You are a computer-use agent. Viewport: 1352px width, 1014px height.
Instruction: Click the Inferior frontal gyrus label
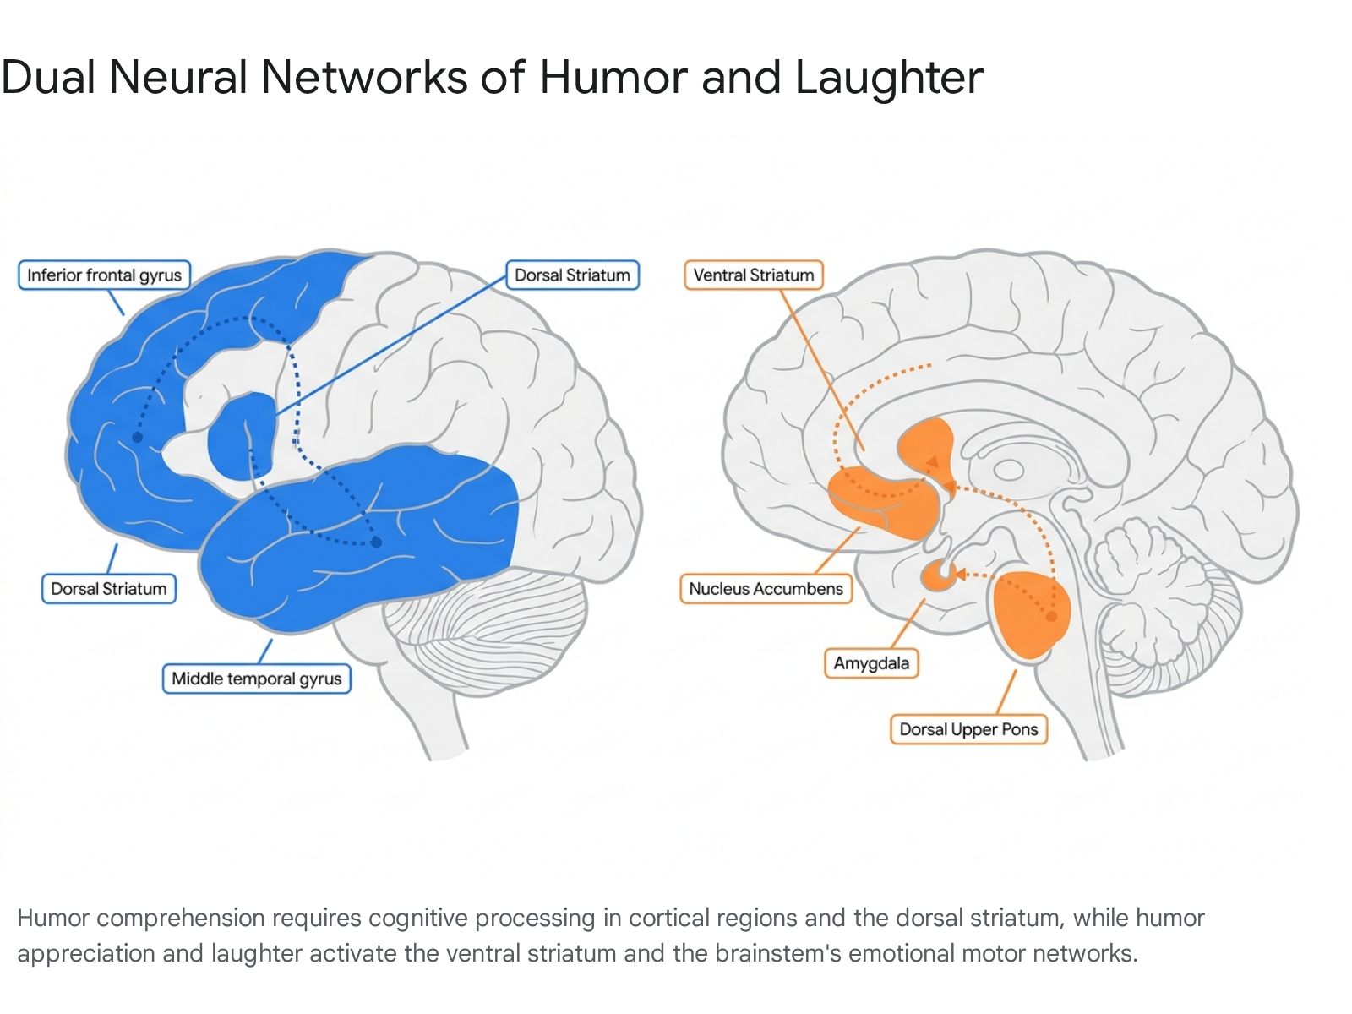click(104, 275)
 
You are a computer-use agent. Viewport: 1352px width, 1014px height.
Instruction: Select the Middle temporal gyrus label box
click(256, 679)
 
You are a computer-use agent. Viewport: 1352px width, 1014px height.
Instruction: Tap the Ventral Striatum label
click(753, 275)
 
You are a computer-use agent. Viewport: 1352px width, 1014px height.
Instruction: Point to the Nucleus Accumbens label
click(766, 589)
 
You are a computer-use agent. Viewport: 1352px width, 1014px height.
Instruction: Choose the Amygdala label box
click(871, 663)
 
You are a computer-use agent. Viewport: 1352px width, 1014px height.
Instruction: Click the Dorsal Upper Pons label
click(968, 729)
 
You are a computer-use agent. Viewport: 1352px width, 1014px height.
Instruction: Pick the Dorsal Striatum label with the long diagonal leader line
click(572, 275)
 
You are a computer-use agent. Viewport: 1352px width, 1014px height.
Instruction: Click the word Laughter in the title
click(889, 79)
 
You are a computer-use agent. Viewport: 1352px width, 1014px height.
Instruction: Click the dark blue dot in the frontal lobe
click(138, 437)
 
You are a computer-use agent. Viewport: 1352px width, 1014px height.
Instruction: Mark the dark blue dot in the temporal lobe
click(376, 542)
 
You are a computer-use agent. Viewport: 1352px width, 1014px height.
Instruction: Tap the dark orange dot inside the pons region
click(1051, 616)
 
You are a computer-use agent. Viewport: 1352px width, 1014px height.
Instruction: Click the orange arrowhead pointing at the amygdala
click(960, 575)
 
